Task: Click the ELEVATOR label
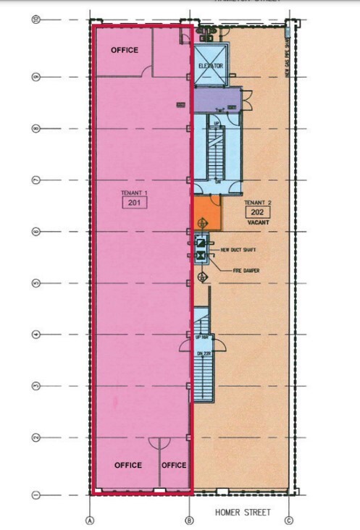point(210,66)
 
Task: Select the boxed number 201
point(135,203)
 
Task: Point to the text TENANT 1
point(135,193)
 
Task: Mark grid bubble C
point(288,520)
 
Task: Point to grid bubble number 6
point(35,232)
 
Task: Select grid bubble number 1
point(35,495)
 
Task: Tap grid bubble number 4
point(35,335)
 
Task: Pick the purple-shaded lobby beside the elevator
point(221,99)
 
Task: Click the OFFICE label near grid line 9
point(124,50)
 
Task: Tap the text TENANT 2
point(258,202)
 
